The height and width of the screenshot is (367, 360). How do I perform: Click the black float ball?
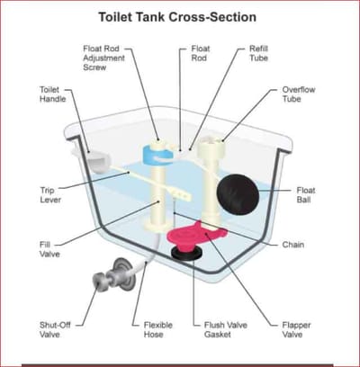tap(238, 193)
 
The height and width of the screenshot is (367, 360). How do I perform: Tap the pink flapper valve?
tap(196, 236)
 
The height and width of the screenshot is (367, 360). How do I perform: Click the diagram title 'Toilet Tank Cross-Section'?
tap(177, 17)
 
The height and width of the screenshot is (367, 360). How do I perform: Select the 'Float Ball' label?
tap(306, 195)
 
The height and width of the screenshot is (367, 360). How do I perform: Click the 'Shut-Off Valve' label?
tap(54, 329)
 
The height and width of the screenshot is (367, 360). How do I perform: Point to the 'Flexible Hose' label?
tap(158, 329)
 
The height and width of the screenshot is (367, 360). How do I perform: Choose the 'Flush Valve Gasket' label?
tap(226, 329)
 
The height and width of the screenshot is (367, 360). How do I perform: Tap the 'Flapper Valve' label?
tap(296, 329)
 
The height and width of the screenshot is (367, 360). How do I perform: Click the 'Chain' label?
tap(293, 245)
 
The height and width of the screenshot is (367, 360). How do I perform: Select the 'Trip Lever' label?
tap(50, 195)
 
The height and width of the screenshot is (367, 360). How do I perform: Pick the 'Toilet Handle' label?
tap(52, 94)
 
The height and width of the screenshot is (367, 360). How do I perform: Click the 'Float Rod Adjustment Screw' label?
tap(103, 58)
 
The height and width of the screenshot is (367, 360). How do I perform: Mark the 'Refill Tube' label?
tap(258, 53)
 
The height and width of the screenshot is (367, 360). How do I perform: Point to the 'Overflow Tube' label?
tap(299, 94)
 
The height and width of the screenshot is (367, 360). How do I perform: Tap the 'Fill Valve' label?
tap(49, 249)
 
